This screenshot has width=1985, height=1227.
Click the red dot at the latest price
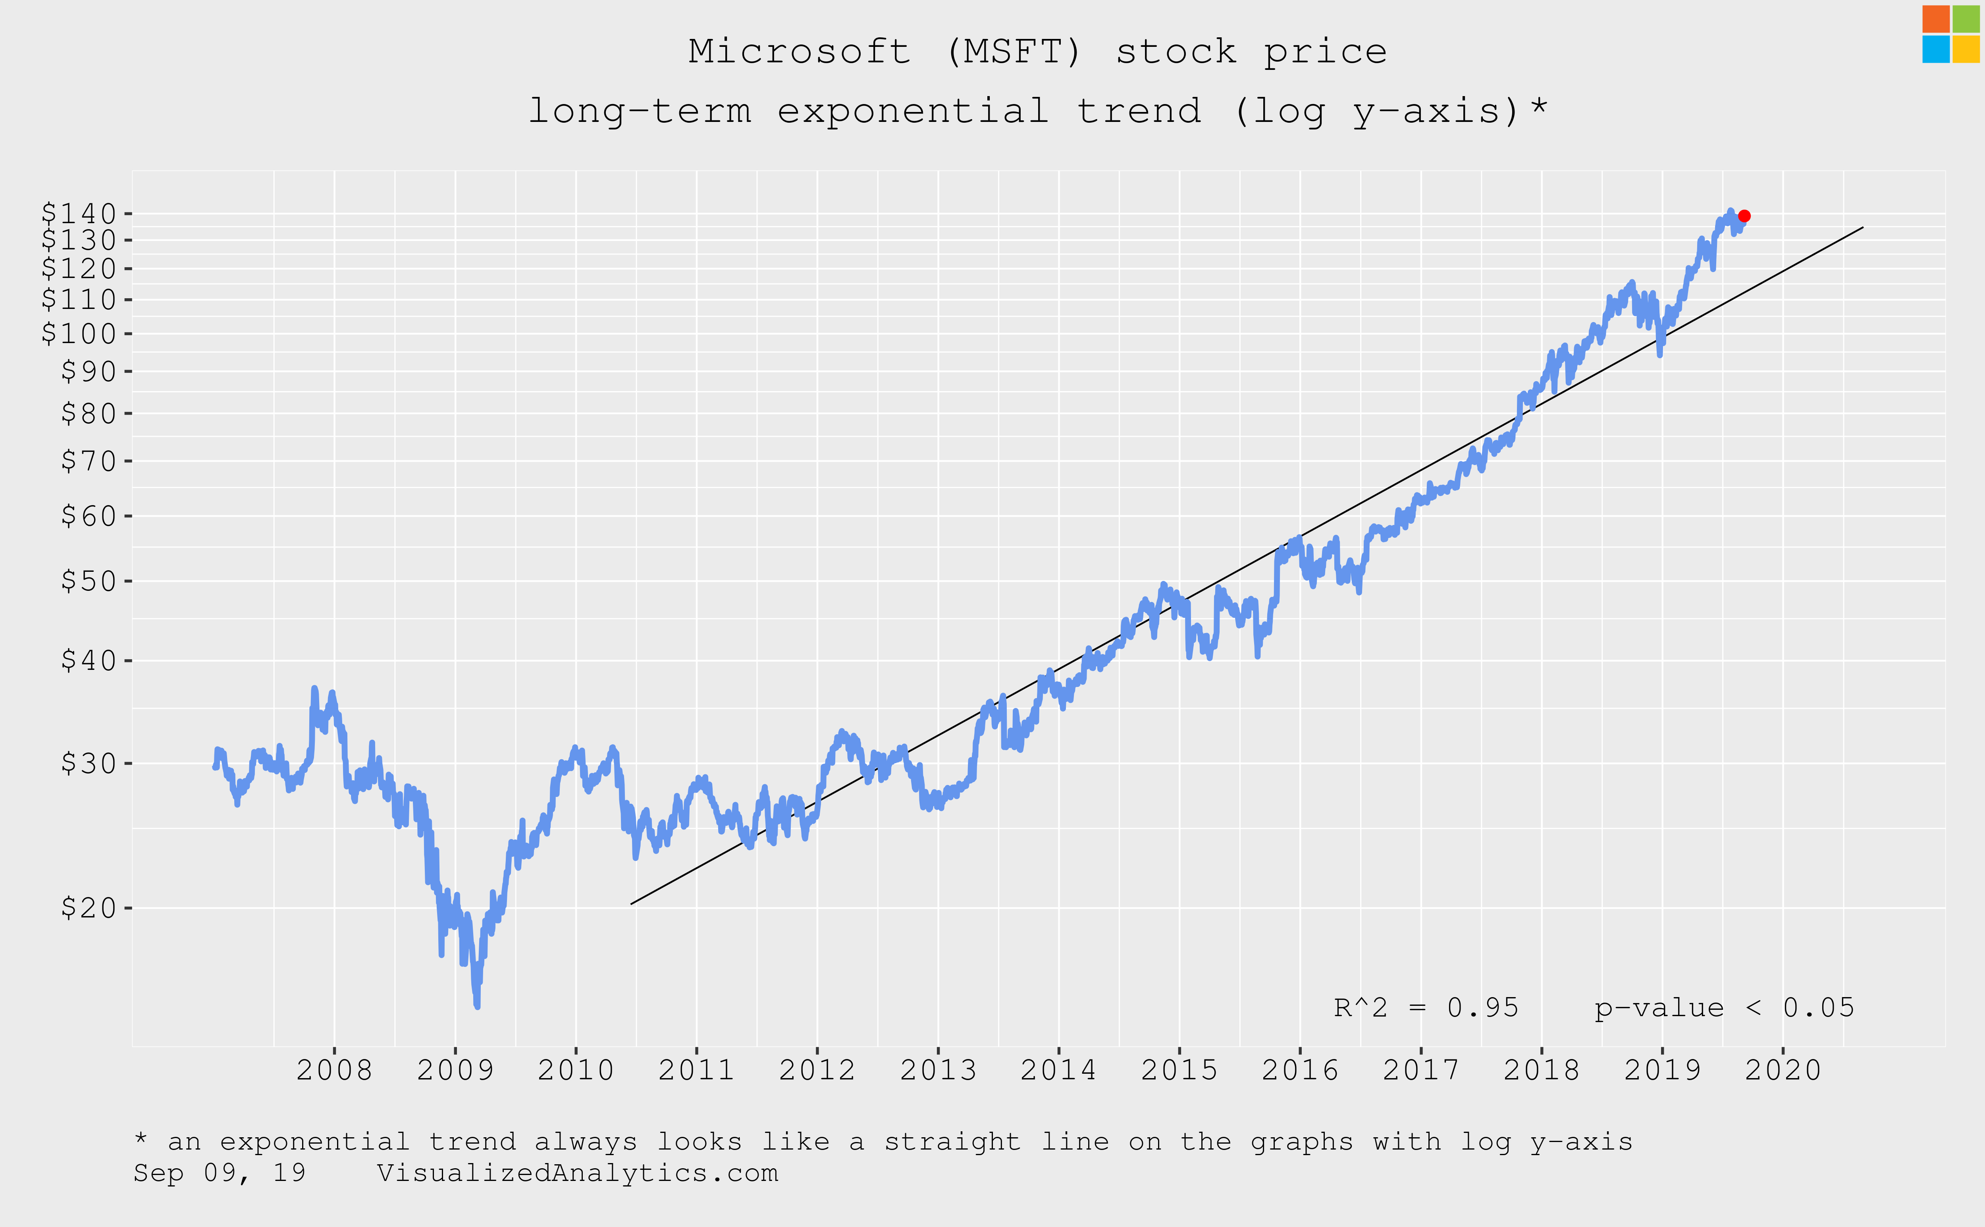coord(1744,216)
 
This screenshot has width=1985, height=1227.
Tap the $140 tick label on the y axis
coord(79,213)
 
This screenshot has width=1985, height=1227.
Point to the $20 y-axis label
coord(89,907)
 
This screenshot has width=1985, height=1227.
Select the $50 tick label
coord(89,581)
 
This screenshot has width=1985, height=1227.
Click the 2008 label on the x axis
coord(334,1071)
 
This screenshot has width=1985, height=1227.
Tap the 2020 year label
coord(1783,1071)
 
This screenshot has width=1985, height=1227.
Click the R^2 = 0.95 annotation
coord(1426,1008)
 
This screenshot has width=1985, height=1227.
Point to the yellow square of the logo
coord(1966,49)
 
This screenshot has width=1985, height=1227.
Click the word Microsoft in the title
coord(800,52)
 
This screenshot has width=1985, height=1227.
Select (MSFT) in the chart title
coord(1014,52)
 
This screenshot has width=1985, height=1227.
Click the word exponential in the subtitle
coord(913,111)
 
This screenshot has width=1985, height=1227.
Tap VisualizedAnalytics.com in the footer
coord(578,1173)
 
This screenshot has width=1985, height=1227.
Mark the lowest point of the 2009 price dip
coord(477,1006)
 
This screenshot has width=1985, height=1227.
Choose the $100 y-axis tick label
coord(79,334)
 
